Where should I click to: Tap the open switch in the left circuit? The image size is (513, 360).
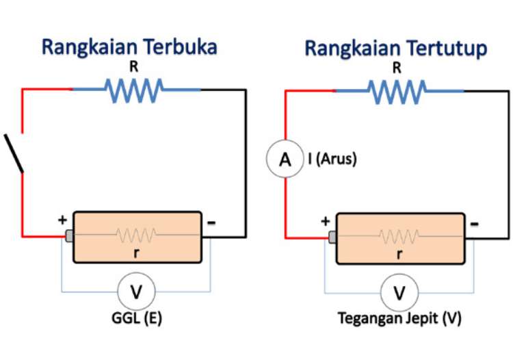(15, 153)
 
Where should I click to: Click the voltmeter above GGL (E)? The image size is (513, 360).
(136, 292)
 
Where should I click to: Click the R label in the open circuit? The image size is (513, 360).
(133, 67)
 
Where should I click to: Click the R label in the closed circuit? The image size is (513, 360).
(397, 68)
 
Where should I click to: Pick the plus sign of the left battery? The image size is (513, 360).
(63, 220)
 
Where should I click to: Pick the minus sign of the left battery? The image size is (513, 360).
(211, 222)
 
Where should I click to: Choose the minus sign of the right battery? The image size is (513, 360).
(475, 223)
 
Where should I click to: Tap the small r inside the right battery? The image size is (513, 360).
(399, 253)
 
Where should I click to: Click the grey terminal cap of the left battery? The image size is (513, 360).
(69, 236)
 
